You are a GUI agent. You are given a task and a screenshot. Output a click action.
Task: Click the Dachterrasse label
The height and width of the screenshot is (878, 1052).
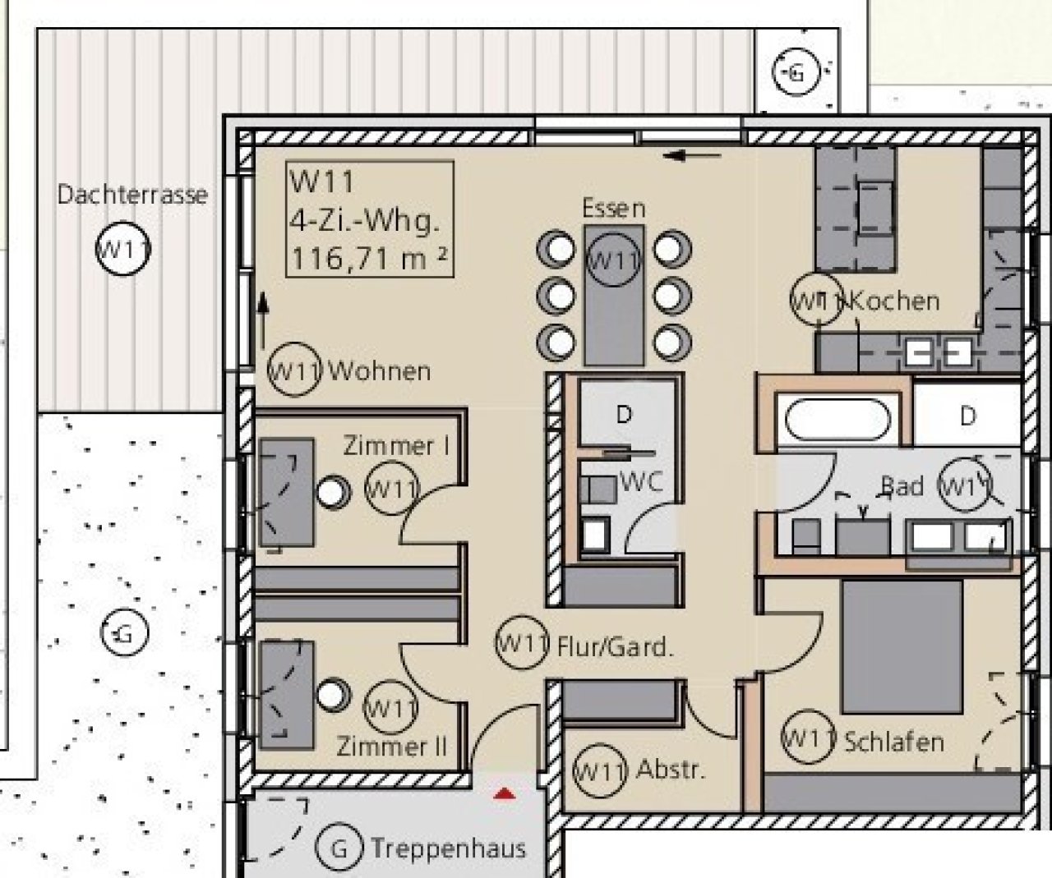(x=132, y=195)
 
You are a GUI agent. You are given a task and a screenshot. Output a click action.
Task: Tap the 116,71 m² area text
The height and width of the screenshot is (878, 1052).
(x=369, y=259)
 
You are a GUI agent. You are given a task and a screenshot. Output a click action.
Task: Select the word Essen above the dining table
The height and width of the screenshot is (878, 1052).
(x=613, y=209)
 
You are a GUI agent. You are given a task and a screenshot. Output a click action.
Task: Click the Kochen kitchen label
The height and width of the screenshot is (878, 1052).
(x=894, y=301)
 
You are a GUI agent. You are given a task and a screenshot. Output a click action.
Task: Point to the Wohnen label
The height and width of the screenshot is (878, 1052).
(x=380, y=371)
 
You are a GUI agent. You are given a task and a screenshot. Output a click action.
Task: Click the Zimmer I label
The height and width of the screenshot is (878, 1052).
(x=396, y=446)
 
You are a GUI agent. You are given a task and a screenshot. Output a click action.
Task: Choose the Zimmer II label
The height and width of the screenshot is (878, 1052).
(x=391, y=746)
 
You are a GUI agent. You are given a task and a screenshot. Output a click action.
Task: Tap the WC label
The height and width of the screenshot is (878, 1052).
(x=641, y=482)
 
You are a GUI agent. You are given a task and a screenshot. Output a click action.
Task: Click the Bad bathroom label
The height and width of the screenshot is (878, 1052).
(x=902, y=486)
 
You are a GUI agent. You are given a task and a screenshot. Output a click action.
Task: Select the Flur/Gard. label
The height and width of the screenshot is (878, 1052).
(x=616, y=647)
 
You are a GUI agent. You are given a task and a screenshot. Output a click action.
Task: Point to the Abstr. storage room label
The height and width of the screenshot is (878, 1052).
(x=671, y=770)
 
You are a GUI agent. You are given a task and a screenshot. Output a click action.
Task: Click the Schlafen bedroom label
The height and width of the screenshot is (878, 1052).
(x=894, y=742)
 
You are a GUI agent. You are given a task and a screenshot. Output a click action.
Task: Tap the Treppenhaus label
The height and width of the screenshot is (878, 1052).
(x=449, y=848)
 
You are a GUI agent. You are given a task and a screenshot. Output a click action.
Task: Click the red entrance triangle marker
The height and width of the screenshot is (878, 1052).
(x=505, y=794)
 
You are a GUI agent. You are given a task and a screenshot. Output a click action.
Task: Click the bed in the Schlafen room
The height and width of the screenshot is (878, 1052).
(x=902, y=646)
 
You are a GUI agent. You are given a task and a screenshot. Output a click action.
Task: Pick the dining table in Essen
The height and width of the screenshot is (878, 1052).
(x=614, y=295)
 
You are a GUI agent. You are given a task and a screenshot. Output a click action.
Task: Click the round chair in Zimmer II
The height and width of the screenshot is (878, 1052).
(x=333, y=695)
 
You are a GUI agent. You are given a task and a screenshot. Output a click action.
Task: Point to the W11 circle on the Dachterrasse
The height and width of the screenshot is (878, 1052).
(x=123, y=249)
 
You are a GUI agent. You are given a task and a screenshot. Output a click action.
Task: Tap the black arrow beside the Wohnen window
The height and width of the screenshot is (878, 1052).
(x=263, y=320)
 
